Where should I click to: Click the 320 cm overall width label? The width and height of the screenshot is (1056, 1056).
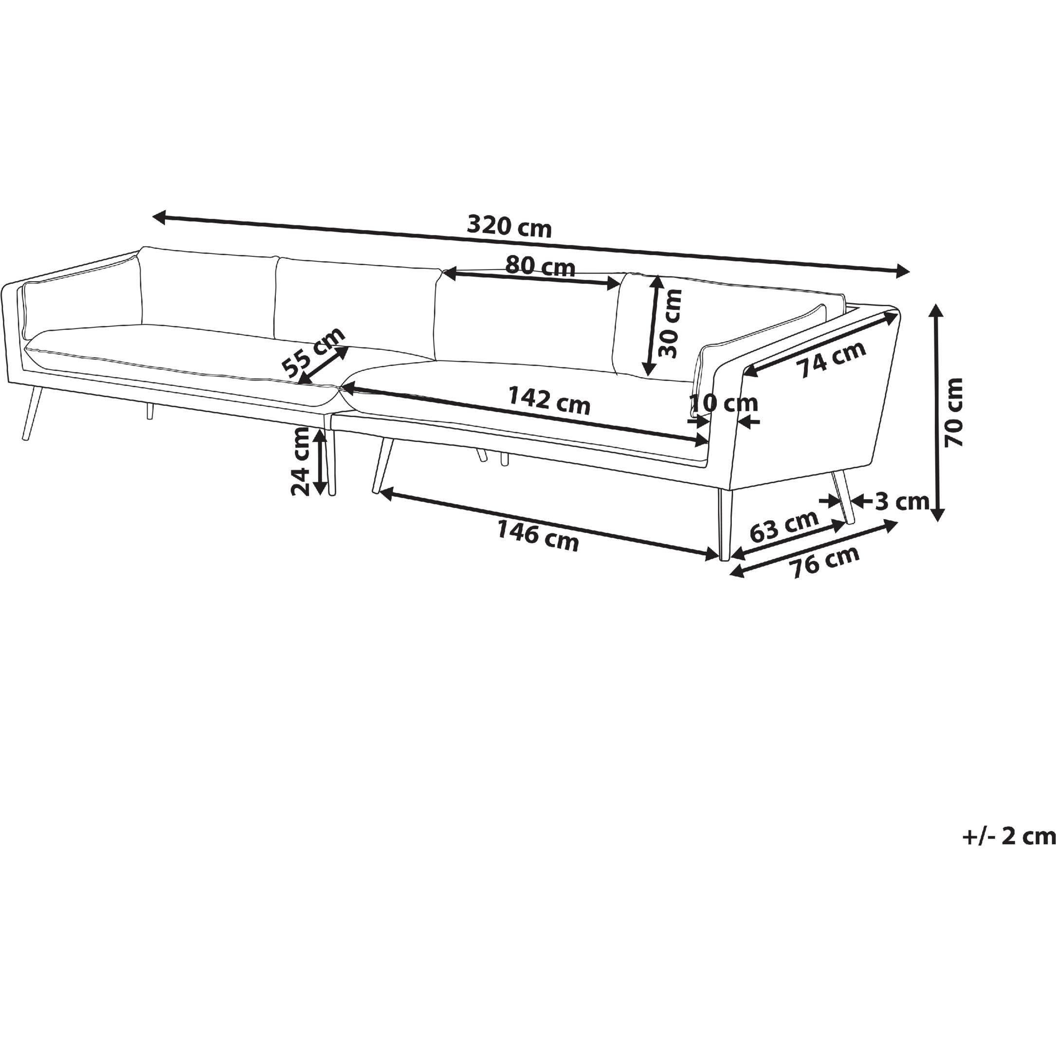tap(510, 226)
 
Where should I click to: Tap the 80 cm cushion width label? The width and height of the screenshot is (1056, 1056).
tap(540, 266)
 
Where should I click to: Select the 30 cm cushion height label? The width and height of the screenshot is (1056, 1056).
tap(670, 323)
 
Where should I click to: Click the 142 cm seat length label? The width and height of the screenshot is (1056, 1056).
tap(549, 400)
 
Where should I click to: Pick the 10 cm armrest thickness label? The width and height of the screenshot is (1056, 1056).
tap(724, 403)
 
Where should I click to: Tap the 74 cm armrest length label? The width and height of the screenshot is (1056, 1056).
tap(833, 359)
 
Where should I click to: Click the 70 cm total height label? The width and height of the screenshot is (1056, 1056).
tap(954, 412)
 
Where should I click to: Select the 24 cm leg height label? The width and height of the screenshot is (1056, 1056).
tap(301, 461)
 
